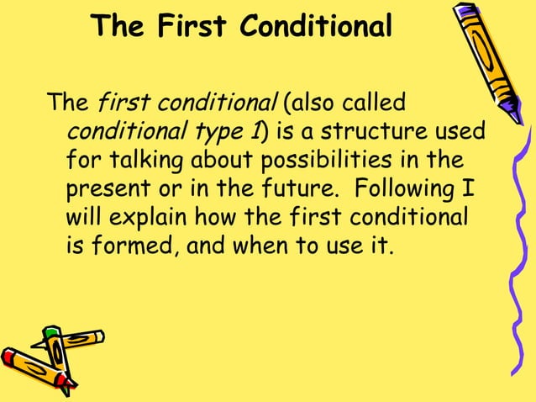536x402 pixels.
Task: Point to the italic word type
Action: pos(221,132)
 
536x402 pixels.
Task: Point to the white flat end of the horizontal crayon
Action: pos(100,336)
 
